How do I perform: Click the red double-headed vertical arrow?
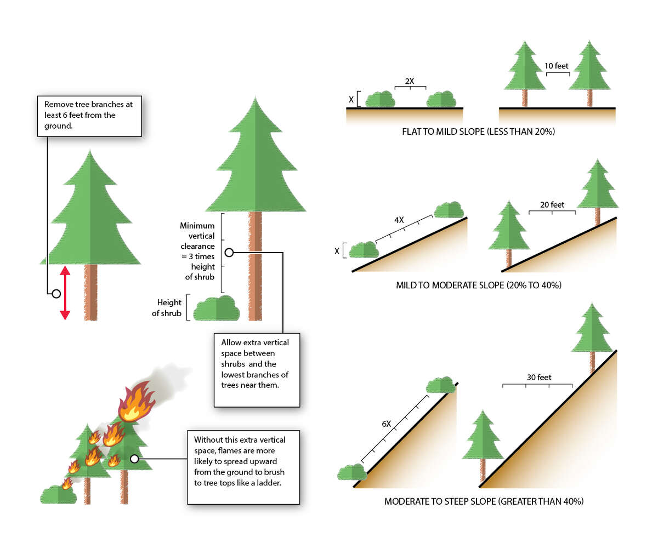(x=65, y=293)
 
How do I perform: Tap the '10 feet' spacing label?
(x=557, y=66)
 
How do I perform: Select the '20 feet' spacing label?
(x=552, y=205)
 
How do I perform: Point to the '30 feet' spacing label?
(x=538, y=378)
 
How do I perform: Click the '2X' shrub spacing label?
(x=410, y=81)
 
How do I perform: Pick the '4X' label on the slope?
(x=399, y=220)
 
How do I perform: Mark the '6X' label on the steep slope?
(x=386, y=424)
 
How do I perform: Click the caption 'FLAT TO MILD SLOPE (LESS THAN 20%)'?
(x=479, y=132)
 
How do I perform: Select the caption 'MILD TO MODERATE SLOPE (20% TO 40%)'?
(x=478, y=285)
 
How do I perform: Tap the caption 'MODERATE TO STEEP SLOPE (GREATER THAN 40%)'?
(x=484, y=501)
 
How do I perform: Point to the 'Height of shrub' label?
(x=169, y=308)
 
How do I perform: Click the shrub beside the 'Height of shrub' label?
(x=217, y=308)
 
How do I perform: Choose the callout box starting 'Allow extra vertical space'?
(x=257, y=369)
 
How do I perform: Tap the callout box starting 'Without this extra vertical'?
(x=243, y=467)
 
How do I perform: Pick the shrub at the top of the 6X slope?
(x=441, y=385)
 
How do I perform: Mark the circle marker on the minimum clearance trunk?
(x=229, y=252)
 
